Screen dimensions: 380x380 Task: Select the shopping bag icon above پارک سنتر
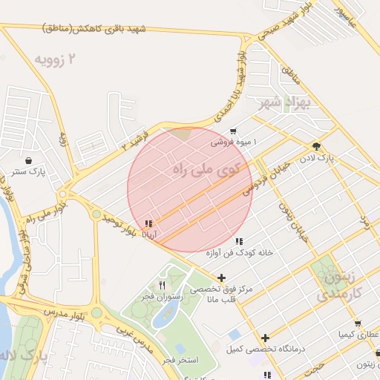click(x=28, y=160)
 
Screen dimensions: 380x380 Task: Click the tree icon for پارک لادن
click(x=318, y=146)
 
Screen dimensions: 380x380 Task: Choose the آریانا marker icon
click(x=149, y=223)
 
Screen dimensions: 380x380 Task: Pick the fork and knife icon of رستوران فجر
click(x=162, y=285)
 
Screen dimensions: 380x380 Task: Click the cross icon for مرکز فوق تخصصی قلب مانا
click(x=221, y=278)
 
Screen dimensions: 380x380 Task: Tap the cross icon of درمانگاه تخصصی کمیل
click(x=265, y=338)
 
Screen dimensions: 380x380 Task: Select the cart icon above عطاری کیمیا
click(x=358, y=324)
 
